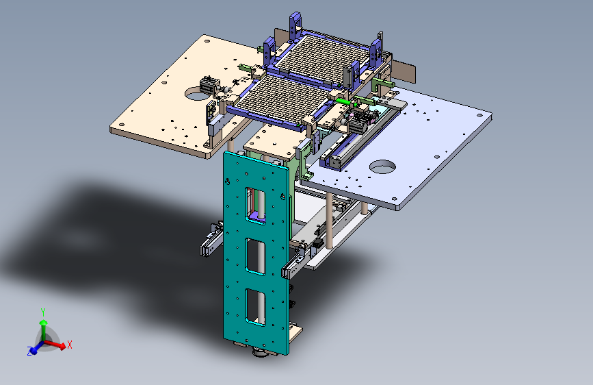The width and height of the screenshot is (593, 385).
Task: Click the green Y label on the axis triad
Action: coord(43,312)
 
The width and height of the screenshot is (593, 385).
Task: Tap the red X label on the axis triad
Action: coord(69,345)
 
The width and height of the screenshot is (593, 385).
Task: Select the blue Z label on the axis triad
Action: coord(29,351)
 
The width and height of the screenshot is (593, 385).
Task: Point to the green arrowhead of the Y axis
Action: coord(44,323)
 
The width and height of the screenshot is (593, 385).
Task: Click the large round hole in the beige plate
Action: coord(198,93)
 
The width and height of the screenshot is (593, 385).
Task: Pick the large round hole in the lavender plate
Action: coord(382,166)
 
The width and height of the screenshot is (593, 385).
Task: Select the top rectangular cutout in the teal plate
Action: coord(256,206)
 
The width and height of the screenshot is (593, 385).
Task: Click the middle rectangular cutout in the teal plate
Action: coord(256,256)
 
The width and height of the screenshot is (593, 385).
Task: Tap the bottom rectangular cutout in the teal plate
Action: coord(255,308)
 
